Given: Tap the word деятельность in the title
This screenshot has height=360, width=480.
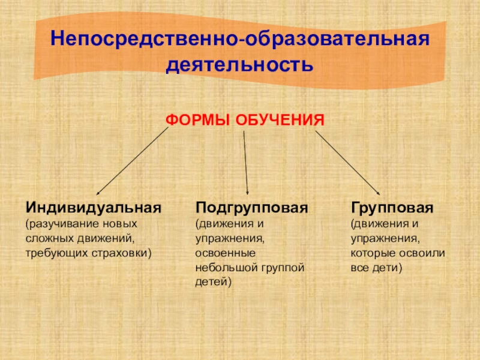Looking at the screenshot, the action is click(240, 64).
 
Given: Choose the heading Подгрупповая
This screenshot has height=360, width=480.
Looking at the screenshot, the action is click(252, 208).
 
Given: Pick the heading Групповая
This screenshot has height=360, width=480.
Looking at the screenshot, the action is click(392, 208).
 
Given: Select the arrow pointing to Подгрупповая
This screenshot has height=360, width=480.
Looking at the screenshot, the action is click(245, 162).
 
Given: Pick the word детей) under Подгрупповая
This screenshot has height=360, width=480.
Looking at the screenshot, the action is click(214, 281).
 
